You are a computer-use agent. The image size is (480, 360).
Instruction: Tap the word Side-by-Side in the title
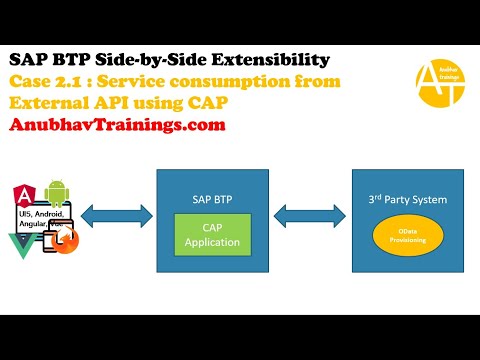[137, 59]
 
